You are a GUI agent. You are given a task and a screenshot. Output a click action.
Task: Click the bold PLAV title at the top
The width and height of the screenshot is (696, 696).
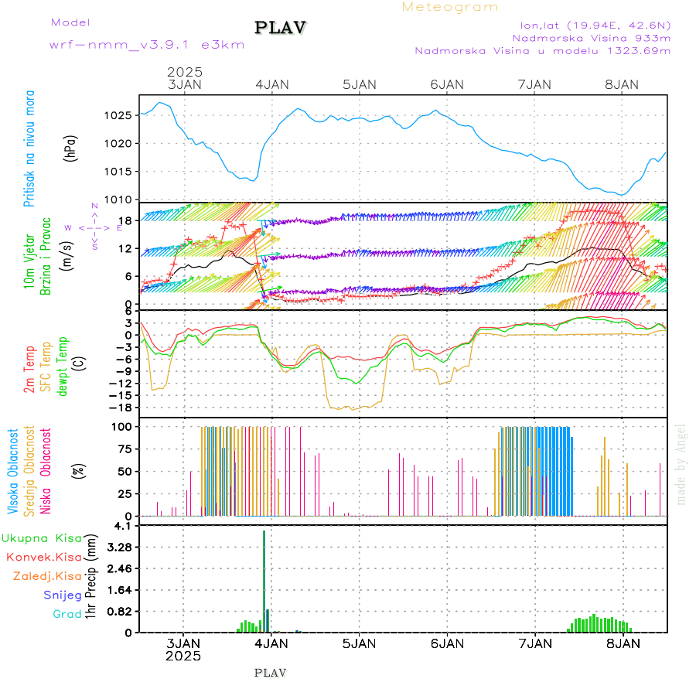281,27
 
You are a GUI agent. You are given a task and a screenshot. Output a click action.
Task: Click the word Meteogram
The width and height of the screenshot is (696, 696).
450,7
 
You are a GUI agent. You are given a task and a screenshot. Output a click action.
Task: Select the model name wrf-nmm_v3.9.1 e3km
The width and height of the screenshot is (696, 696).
147,45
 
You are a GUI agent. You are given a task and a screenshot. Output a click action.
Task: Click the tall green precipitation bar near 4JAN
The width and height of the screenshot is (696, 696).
264,580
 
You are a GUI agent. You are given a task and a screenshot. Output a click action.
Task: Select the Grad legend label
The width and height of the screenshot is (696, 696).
67,615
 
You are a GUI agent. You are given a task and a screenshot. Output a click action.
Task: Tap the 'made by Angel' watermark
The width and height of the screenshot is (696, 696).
681,463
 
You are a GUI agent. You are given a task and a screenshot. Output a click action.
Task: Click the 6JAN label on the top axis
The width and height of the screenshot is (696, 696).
446,84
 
